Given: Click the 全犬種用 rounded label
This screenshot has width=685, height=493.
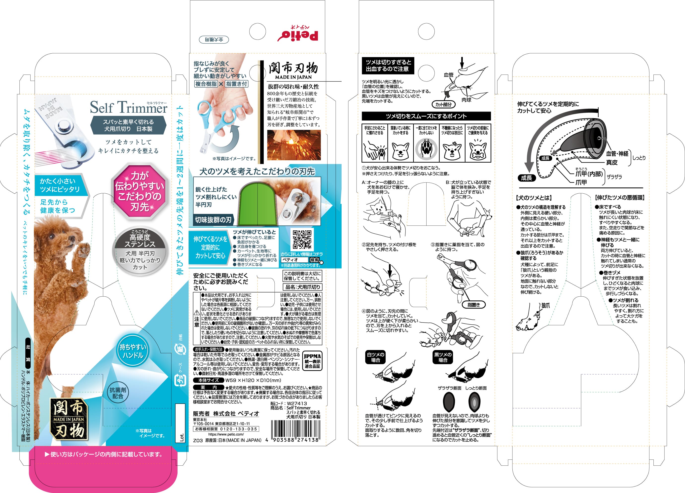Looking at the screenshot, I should coord(214,39).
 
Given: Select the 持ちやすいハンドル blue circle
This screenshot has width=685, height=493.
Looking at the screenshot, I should coord(133,351).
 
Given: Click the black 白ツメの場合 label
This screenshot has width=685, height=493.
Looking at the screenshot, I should coord(375,357).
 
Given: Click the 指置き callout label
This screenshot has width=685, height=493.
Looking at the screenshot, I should coord(473,305).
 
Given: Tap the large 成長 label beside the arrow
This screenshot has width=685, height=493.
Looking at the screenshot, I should coord(526,178).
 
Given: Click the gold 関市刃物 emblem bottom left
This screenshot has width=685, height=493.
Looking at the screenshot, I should coord(69,419).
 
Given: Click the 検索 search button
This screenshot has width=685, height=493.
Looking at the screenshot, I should coord(314,260).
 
